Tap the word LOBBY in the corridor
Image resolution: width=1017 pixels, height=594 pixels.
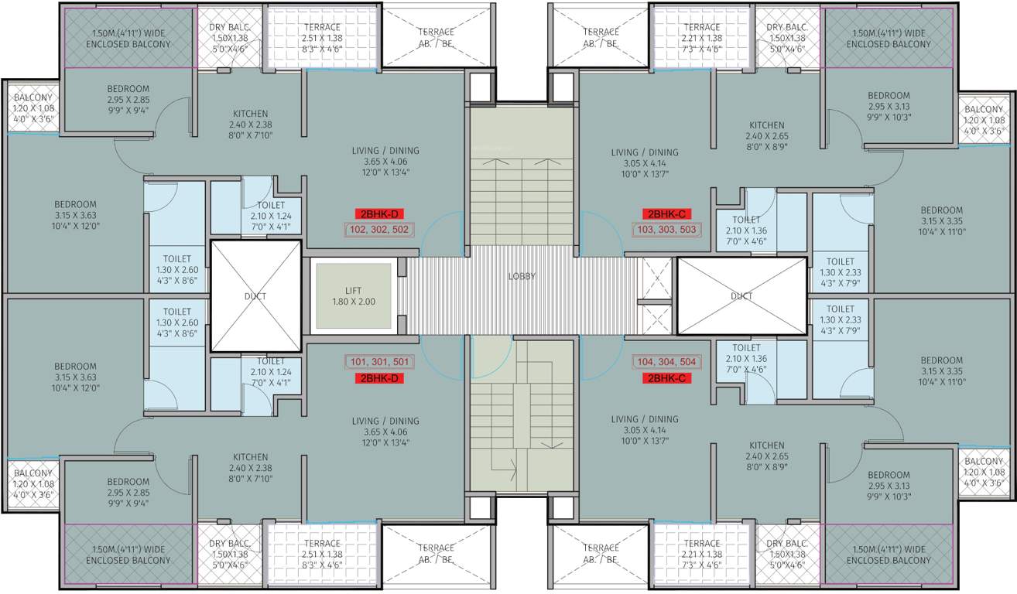(x=522, y=276)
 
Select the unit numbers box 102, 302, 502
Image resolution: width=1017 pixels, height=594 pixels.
(x=380, y=230)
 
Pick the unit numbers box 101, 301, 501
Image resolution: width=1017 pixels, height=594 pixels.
(x=380, y=361)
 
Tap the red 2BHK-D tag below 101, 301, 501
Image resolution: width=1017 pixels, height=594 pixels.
(x=380, y=378)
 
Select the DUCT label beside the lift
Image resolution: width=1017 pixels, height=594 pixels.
(x=256, y=295)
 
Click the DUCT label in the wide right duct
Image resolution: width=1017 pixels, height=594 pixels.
(x=741, y=295)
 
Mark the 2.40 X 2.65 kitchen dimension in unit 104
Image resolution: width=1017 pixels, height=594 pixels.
(x=766, y=456)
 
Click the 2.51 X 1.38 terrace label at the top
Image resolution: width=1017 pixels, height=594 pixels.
(x=321, y=38)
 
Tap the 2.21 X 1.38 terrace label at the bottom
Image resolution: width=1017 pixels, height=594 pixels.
(x=701, y=555)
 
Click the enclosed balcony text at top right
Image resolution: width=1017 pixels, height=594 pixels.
(x=888, y=39)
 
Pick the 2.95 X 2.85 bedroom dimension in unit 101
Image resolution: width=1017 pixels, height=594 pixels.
(x=128, y=493)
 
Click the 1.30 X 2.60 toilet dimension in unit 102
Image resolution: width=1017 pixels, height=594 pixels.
(x=176, y=270)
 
